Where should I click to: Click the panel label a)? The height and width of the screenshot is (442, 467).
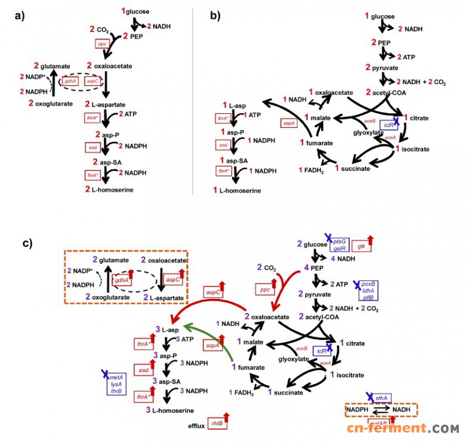tap(19, 16)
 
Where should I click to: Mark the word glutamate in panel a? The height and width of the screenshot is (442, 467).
tap(46, 65)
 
